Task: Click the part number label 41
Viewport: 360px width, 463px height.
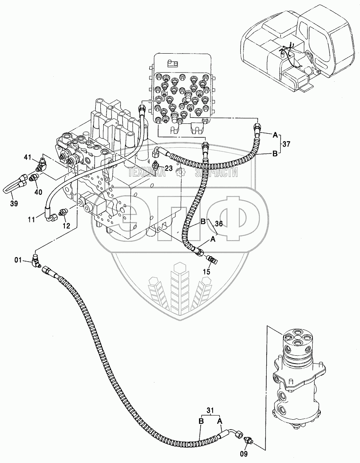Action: [x=28, y=157]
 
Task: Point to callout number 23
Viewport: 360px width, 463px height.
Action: [x=168, y=168]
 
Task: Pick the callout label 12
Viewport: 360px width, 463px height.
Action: [x=66, y=226]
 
